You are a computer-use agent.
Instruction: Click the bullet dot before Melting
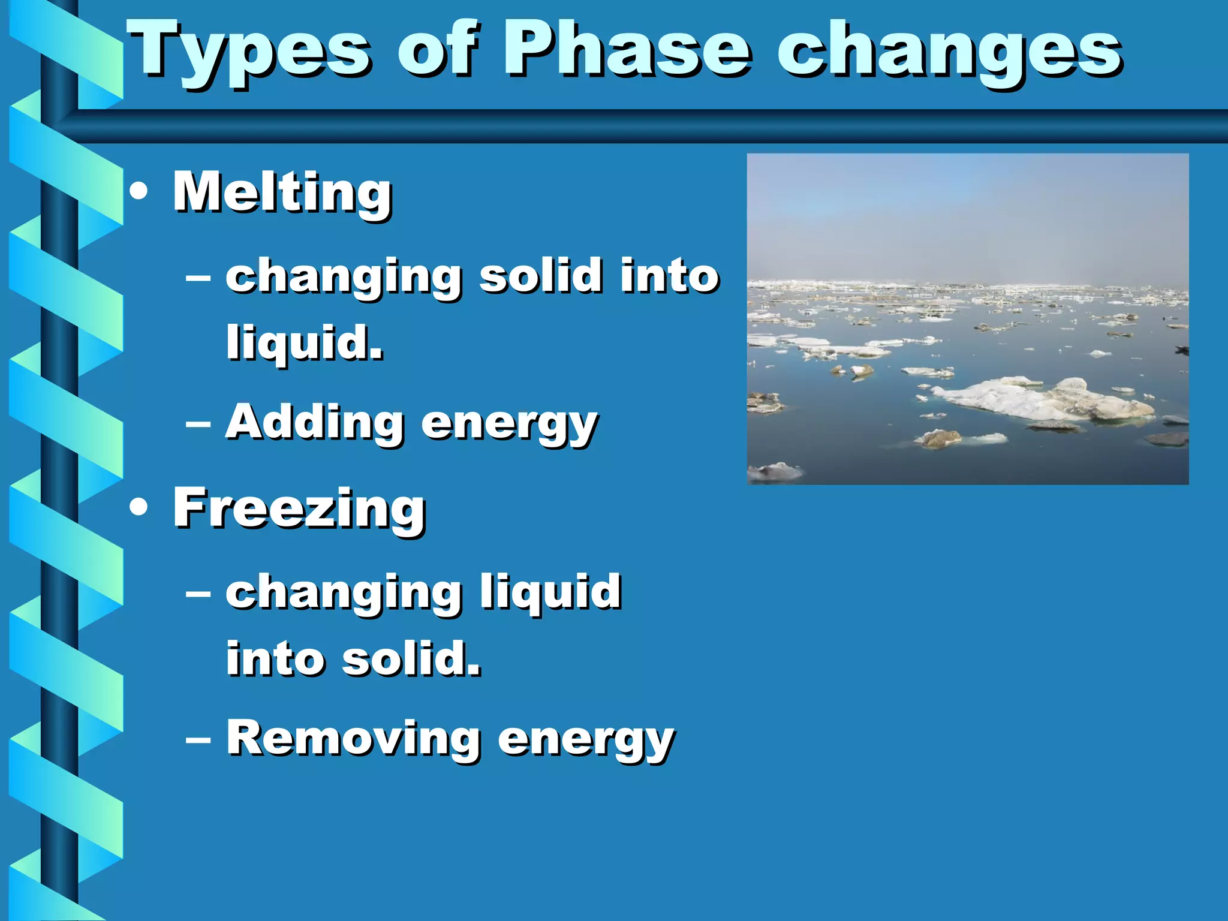pos(139,192)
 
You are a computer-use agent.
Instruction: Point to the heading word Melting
pos(282,192)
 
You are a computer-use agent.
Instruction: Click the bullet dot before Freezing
pos(139,508)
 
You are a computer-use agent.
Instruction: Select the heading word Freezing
pos(299,508)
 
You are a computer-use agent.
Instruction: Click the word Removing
pos(353,738)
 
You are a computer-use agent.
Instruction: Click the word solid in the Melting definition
pos(540,276)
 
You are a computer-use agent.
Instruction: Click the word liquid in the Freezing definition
pos(550,592)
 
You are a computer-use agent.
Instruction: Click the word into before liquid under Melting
pos(669,276)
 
